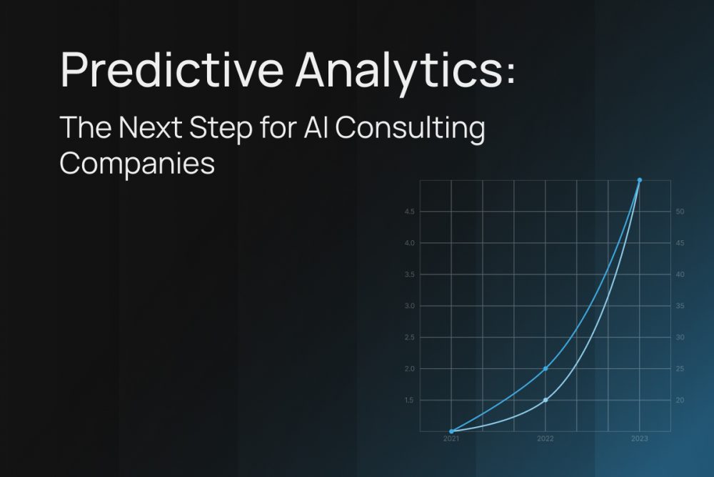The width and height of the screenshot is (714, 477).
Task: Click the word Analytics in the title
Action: [397, 72]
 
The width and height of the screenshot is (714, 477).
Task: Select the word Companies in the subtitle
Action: [137, 164]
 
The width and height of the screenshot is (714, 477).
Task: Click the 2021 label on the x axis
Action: [451, 439]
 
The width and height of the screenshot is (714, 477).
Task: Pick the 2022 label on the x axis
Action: [545, 439]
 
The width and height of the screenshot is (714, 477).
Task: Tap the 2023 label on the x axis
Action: [640, 439]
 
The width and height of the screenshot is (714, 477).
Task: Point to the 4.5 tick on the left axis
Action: [410, 212]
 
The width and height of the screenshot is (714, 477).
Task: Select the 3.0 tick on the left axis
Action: [410, 306]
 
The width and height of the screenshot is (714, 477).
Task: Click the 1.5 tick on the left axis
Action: [410, 400]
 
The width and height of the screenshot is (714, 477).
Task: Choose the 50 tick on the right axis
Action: [680, 212]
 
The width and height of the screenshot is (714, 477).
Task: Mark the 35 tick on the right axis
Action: [680, 306]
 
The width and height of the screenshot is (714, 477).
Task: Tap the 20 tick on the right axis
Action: [680, 400]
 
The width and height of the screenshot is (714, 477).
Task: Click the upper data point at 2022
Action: [545, 368]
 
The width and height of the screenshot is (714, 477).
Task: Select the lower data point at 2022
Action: [545, 400]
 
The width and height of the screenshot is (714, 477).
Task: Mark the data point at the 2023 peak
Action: [640, 180]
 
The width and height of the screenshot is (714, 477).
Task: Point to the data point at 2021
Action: [451, 431]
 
